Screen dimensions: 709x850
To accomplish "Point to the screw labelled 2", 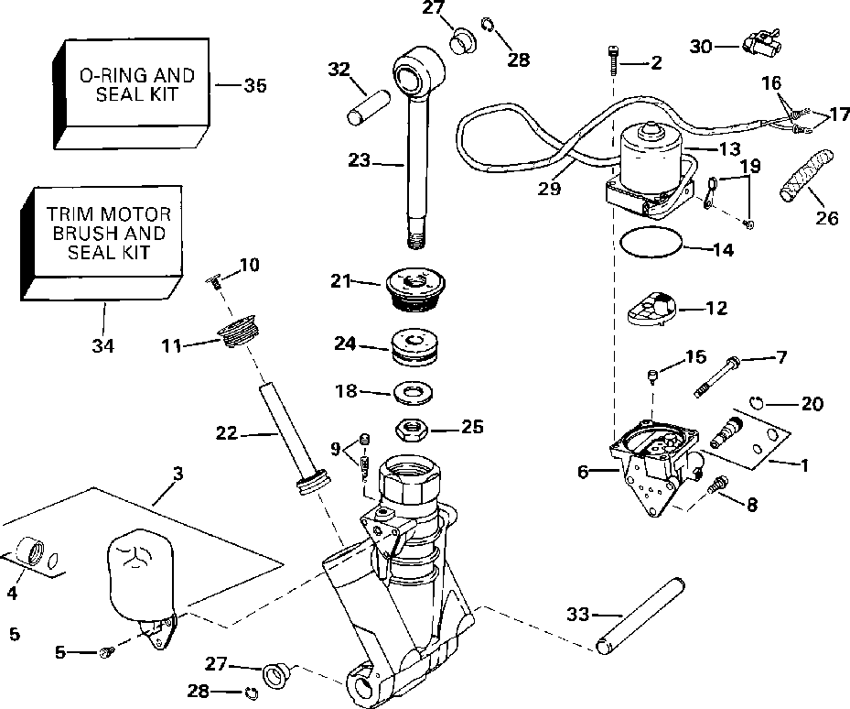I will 611,61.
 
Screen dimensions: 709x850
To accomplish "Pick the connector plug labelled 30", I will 759,42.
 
